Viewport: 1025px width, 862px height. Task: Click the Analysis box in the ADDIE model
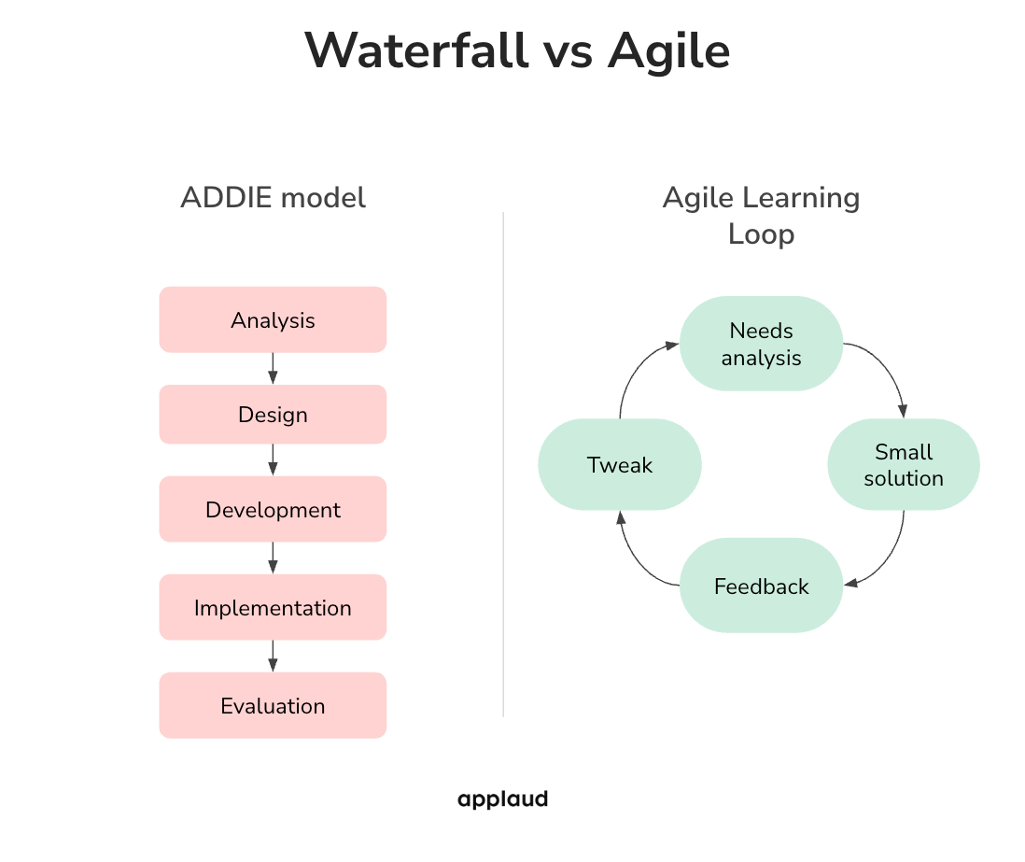click(x=273, y=319)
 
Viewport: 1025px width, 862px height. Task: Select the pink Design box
click(x=273, y=414)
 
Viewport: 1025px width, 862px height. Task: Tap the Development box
click(x=273, y=509)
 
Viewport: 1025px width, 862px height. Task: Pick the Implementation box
click(x=273, y=607)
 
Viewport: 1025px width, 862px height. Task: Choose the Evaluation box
click(x=273, y=705)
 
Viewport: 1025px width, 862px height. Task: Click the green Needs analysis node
click(x=761, y=344)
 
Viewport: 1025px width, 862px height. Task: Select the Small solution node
click(x=903, y=464)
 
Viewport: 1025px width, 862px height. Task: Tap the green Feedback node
click(x=761, y=586)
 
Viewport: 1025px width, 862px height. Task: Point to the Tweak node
click(x=620, y=464)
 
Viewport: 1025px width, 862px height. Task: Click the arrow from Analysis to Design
click(x=273, y=368)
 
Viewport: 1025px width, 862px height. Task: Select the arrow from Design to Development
click(x=273, y=459)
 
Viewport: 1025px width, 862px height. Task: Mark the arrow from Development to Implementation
click(x=273, y=558)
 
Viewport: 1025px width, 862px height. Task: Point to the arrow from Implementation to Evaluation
click(x=273, y=656)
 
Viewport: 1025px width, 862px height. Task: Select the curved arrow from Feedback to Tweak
click(x=635, y=560)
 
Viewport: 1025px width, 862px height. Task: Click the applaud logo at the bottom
click(x=502, y=799)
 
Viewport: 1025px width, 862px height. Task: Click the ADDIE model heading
click(x=273, y=198)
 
